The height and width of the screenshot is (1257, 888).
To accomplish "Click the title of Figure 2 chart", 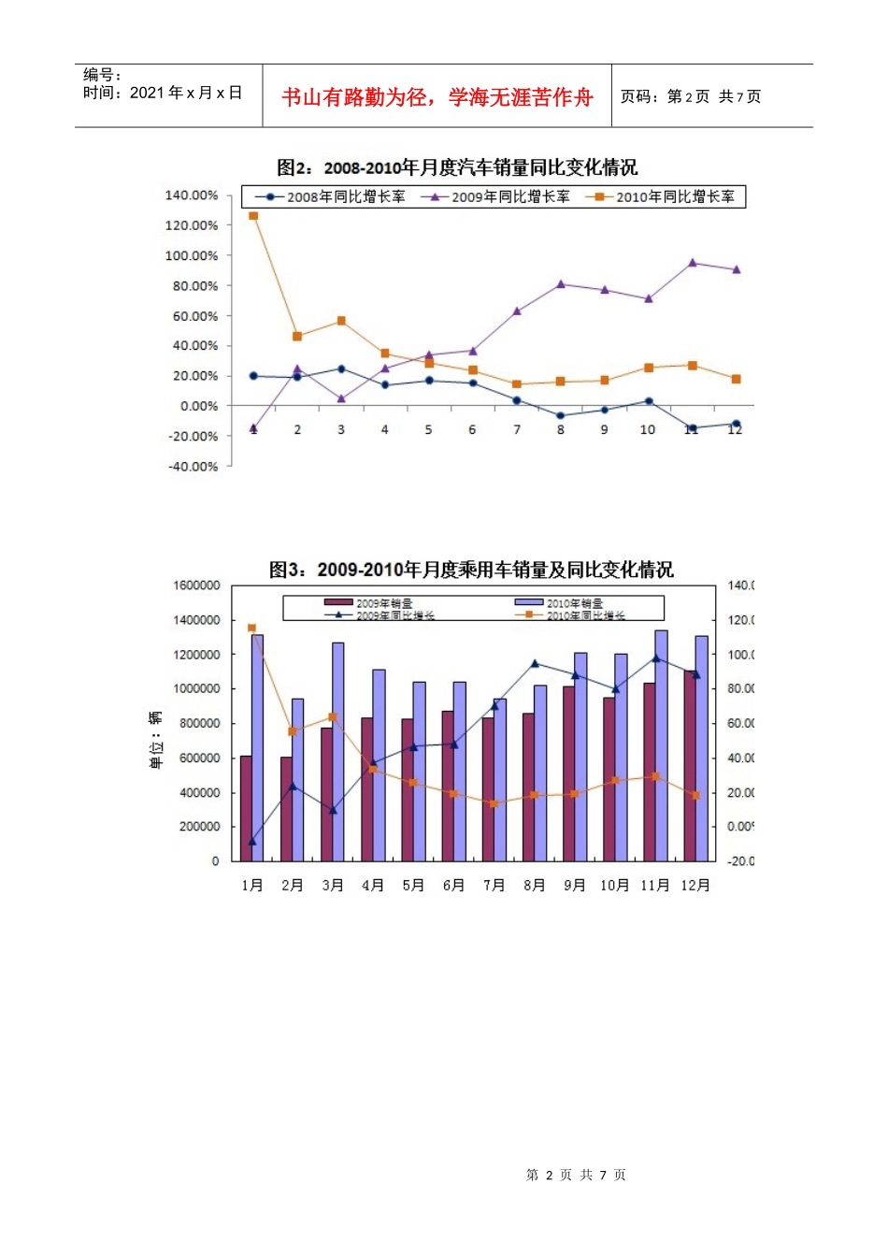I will tap(457, 167).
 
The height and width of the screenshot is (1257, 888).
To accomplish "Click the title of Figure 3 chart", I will tap(471, 570).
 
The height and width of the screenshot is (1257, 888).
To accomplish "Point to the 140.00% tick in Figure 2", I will tap(191, 195).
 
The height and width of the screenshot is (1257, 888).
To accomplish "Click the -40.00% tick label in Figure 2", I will tap(192, 467).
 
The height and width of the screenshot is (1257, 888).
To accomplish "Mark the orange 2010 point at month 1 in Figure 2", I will tap(253, 216).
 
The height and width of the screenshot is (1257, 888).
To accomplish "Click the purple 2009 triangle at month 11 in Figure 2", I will tap(693, 263).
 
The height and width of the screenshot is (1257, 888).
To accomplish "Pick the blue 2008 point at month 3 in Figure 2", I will tap(341, 369).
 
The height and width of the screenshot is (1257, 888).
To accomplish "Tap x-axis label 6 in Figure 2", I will tap(472, 430).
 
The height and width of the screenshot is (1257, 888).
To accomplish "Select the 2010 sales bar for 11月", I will tap(662, 745).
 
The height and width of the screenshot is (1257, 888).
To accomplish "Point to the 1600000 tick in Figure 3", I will tap(196, 585).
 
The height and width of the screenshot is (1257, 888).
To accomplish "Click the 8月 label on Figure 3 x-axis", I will tap(534, 885).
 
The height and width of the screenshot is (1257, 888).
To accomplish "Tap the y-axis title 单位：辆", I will tap(155, 740).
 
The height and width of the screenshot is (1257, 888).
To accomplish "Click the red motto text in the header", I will tap(437, 97).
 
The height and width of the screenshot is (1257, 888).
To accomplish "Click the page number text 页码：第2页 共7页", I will tap(691, 97).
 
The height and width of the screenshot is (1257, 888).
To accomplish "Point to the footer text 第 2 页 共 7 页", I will tap(576, 1175).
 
